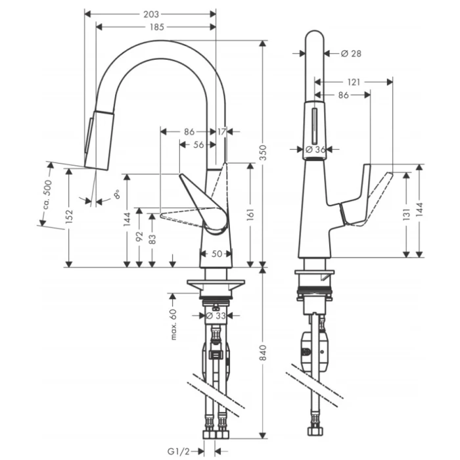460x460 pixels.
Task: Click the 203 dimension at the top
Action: pos(150,13)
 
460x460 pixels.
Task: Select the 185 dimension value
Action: pos(156,27)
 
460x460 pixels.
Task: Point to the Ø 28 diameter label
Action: pos(352,53)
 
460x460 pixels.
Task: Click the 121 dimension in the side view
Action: pos(354,81)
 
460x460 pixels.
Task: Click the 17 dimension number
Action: pos(221,132)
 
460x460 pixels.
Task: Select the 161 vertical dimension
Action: pos(250,214)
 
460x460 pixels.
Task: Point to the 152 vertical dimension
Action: pos(69,217)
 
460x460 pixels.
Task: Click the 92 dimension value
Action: pos(139,237)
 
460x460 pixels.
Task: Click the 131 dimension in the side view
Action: pos(406,214)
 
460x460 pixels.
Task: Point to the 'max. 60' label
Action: pos(174,324)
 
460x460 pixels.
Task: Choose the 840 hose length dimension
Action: pos(263,355)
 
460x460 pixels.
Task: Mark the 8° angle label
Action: pos(116,195)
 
